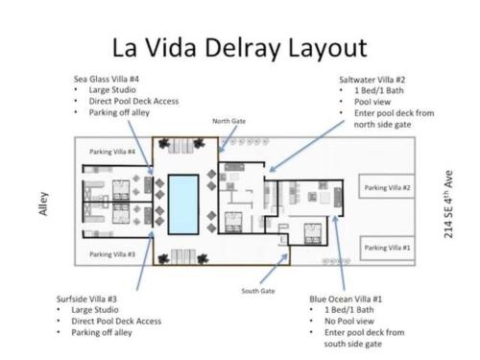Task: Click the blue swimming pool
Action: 183,204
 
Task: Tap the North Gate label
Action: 229,121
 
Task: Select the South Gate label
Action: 258,291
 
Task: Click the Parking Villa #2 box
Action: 387,186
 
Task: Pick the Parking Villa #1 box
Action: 387,248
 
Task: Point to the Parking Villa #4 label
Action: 112,152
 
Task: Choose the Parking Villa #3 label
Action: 112,254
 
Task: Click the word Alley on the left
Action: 43,204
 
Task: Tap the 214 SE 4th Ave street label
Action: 448,204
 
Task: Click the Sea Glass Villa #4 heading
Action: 107,79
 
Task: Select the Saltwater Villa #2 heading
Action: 372,80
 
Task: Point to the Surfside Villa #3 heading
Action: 86,299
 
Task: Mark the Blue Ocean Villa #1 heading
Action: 346,299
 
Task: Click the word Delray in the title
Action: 242,48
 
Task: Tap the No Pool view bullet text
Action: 349,321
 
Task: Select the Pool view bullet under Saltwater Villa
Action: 372,102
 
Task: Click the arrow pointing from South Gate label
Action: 274,269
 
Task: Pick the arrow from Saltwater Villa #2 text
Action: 306,146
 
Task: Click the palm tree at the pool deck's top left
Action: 163,144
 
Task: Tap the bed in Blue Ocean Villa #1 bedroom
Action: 312,234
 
